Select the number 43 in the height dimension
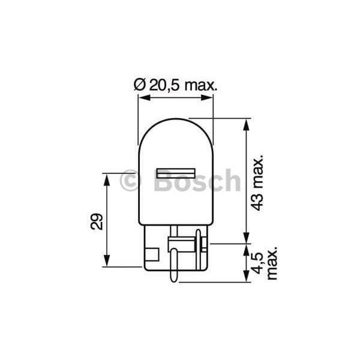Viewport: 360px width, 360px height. (x=257, y=201)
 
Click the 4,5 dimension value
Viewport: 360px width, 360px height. (x=257, y=263)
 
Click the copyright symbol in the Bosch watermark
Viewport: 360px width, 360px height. (x=129, y=181)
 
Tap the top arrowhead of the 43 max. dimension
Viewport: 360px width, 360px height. (x=246, y=124)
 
